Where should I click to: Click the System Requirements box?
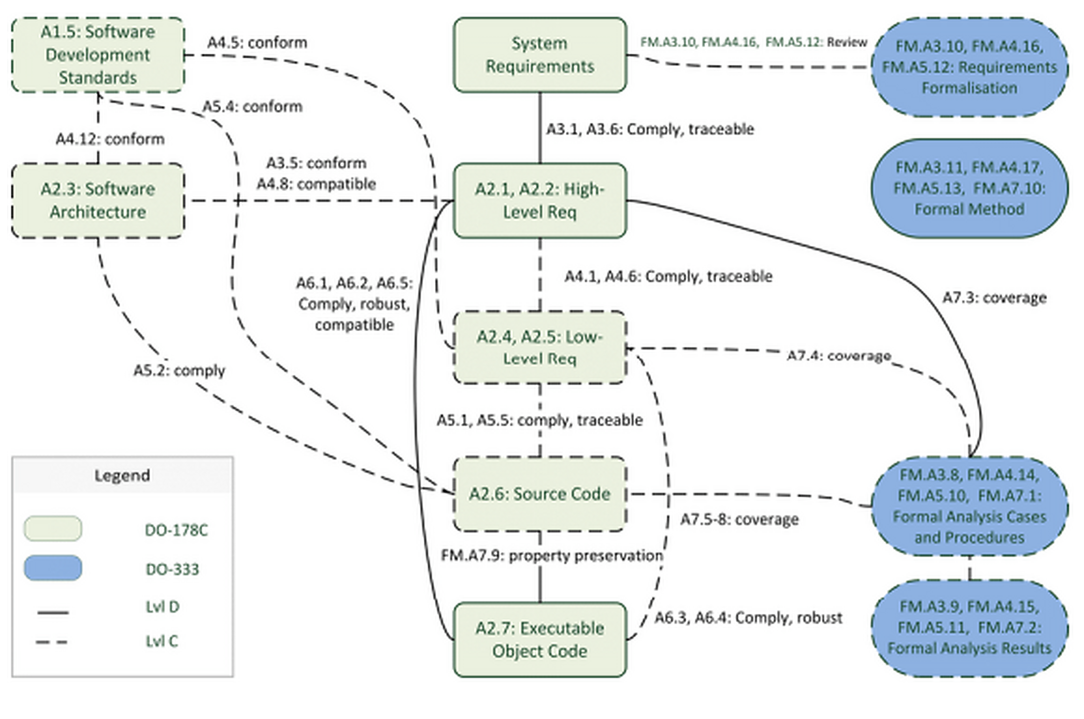pos(540,55)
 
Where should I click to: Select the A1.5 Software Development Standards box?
pos(98,55)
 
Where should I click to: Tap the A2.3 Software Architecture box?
pos(98,201)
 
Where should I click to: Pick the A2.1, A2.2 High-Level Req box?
pos(540,201)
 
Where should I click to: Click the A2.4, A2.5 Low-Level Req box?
pos(540,347)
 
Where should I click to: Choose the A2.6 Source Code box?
pos(540,494)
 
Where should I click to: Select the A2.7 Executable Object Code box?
pos(540,640)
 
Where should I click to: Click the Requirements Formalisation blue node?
pos(970,67)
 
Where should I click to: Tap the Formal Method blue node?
pos(970,189)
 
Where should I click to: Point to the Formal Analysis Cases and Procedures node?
pos(970,506)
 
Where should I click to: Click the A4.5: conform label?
pos(257,43)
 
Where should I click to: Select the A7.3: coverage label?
pos(995,298)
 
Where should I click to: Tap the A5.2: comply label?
pos(179,371)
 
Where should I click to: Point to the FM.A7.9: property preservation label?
pos(552,556)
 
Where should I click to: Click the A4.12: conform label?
pos(110,139)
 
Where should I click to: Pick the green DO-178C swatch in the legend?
pos(53,529)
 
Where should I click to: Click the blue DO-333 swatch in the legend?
pos(53,568)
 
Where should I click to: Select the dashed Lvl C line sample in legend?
pos(52,642)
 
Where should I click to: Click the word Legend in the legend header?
pos(122,476)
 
